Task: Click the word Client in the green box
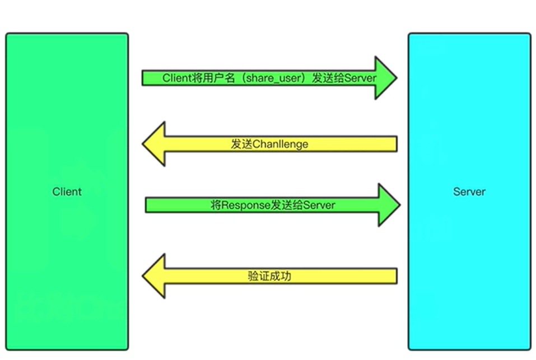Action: [x=67, y=191]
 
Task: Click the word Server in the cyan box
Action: [x=469, y=191]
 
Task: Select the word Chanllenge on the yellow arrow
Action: [x=281, y=144]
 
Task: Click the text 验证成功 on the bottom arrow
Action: [x=269, y=276]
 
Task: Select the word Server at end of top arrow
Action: [x=361, y=78]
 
